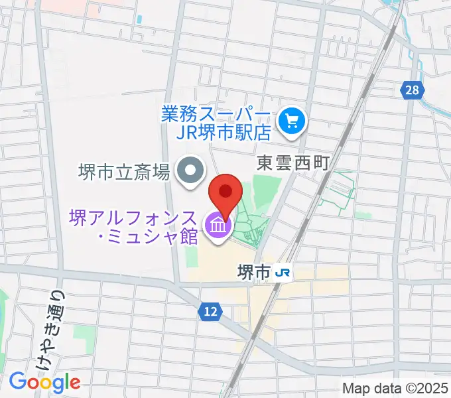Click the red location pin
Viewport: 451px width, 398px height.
click(225, 193)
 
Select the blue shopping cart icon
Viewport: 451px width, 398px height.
click(291, 121)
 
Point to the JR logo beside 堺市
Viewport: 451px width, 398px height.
click(284, 273)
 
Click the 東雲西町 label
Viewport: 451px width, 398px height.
click(292, 163)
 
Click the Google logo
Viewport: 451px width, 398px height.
click(44, 381)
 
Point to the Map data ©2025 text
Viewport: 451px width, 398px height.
click(396, 389)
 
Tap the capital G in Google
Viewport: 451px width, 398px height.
click(17, 381)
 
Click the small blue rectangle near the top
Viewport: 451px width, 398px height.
click(139, 18)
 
